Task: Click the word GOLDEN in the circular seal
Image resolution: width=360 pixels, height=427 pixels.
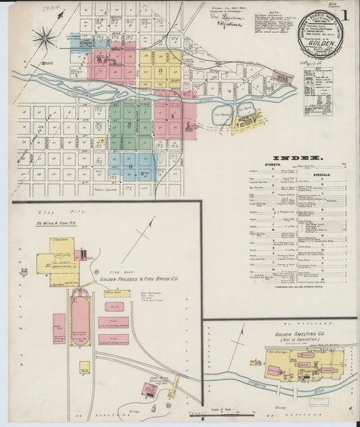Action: [x=321, y=41]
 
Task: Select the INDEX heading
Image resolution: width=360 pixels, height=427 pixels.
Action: [x=294, y=157]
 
